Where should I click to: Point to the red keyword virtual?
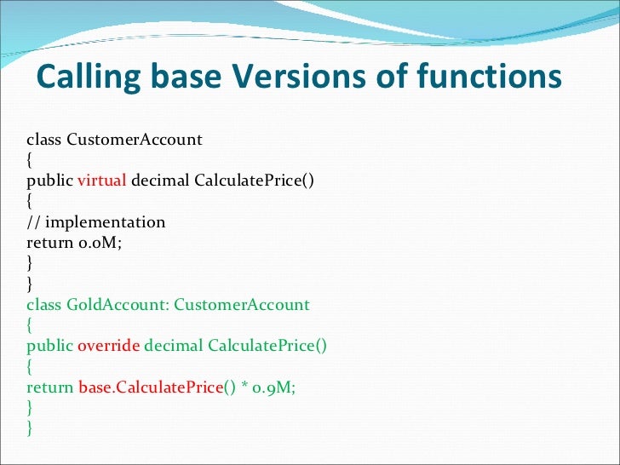(x=102, y=181)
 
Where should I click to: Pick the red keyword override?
(x=109, y=345)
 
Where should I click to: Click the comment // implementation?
(x=96, y=222)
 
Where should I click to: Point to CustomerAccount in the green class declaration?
(x=242, y=304)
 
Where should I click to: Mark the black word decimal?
(x=161, y=181)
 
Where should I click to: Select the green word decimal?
(x=174, y=345)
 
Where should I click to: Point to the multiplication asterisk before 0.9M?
(x=244, y=387)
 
